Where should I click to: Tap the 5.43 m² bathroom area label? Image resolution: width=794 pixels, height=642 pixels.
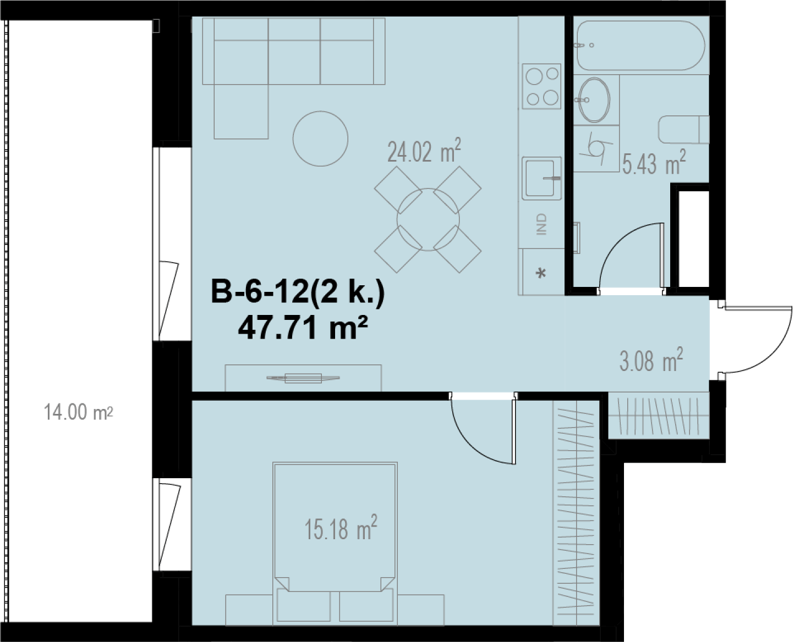(654, 162)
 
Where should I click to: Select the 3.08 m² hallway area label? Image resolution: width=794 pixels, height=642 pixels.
(651, 359)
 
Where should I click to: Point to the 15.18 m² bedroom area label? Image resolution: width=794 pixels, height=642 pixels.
(341, 528)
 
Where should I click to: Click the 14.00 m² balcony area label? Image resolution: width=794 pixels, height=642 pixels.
(78, 413)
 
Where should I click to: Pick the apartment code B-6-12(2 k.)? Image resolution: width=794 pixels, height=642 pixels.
(298, 292)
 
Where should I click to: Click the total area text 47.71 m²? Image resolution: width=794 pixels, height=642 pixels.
(303, 328)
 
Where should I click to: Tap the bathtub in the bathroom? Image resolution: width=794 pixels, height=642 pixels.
(641, 45)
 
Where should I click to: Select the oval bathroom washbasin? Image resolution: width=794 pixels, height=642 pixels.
(594, 100)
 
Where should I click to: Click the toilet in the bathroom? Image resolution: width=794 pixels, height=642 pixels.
(683, 130)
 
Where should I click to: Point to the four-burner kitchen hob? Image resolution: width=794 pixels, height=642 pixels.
(541, 86)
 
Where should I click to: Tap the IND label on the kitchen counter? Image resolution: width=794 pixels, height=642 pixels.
(541, 224)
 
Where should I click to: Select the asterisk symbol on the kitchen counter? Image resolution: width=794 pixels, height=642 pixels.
(540, 274)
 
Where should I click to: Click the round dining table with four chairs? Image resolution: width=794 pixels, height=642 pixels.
(428, 219)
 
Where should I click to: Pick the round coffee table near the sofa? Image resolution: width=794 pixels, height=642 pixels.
(320, 139)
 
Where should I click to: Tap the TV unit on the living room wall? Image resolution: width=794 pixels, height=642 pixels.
(303, 378)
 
